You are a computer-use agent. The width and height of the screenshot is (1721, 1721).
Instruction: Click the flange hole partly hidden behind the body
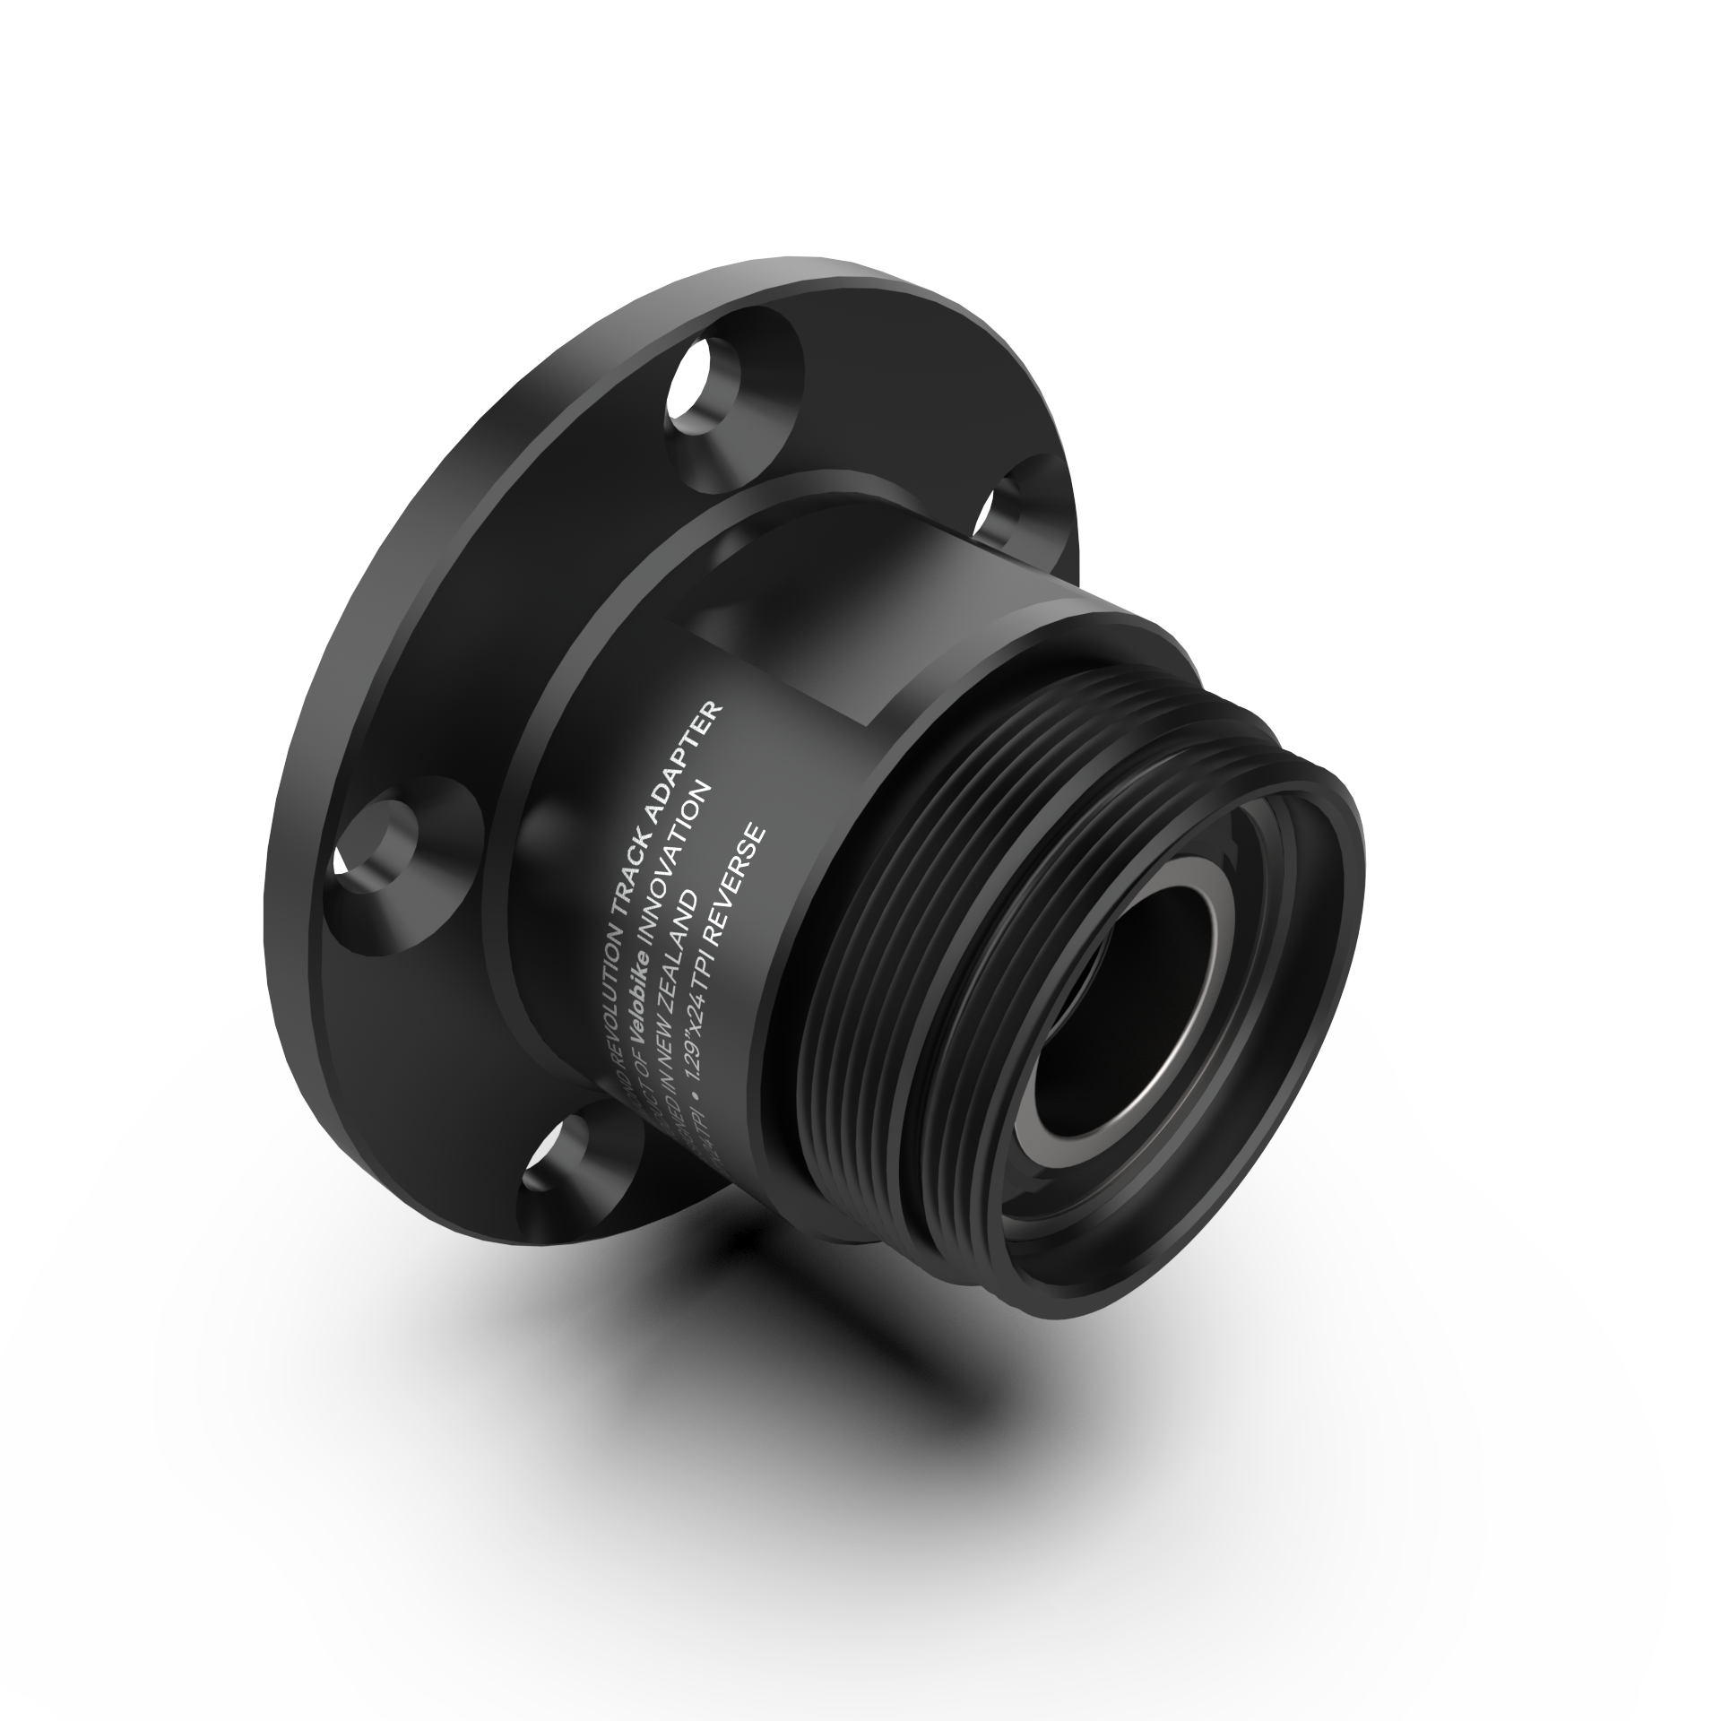(1017, 511)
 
